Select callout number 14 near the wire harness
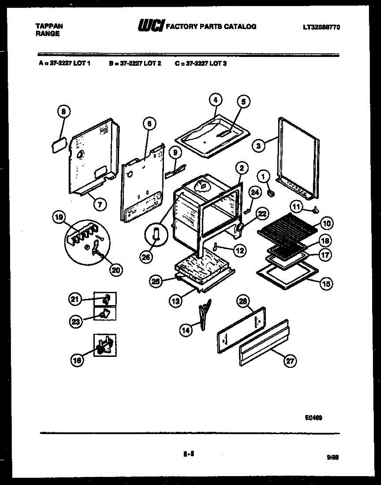[185, 330]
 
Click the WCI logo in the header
[151, 26]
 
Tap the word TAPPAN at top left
[49, 26]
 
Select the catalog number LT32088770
[321, 27]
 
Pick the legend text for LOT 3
[201, 63]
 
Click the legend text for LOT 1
[65, 63]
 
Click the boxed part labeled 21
[105, 299]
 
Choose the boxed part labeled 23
[105, 313]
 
